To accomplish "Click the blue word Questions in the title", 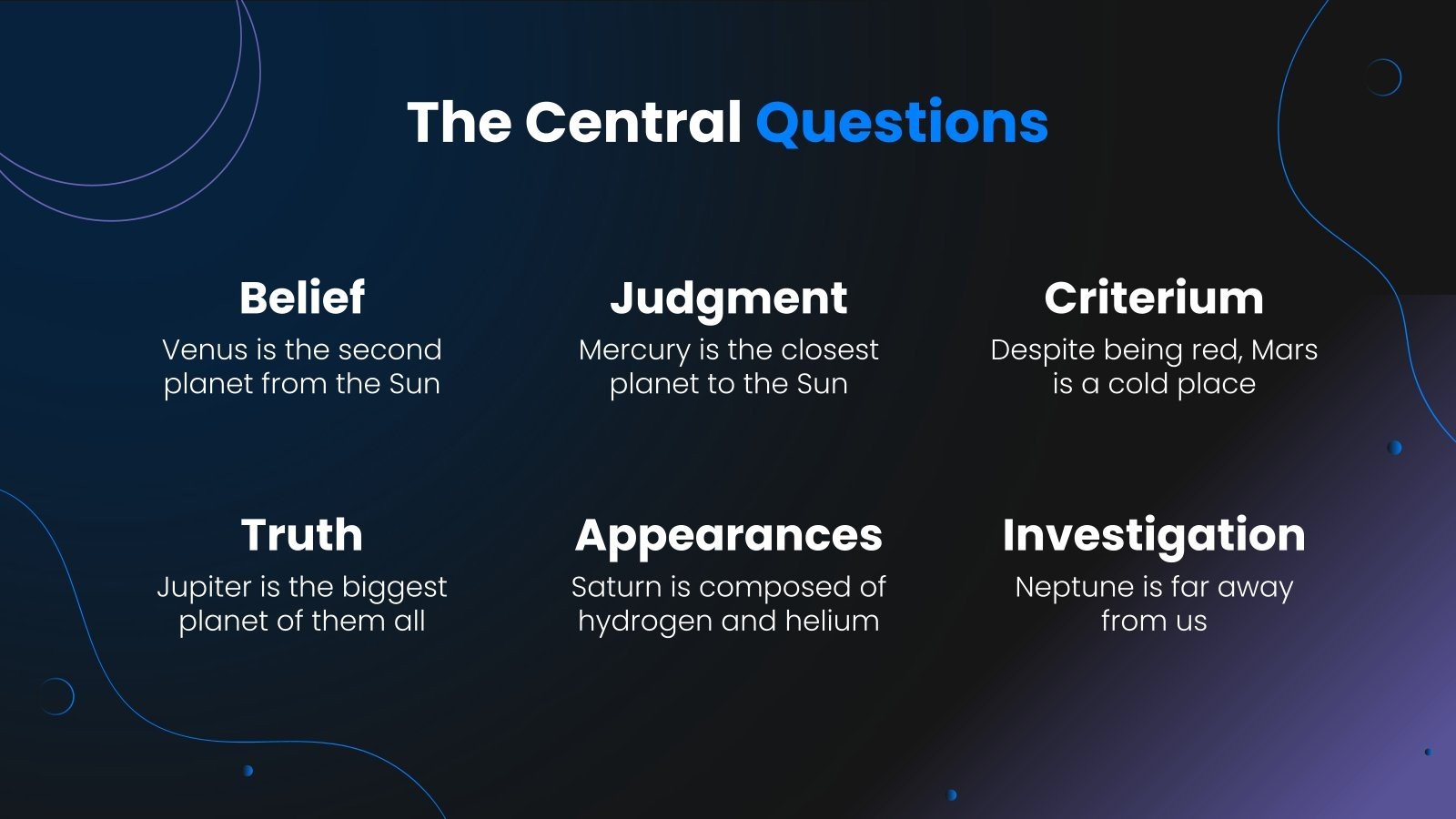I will (902, 123).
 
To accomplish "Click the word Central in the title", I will (633, 122).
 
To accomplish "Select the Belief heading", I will (302, 298).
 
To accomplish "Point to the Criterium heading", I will (1154, 298).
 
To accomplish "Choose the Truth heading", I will (302, 534).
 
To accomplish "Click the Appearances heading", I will (728, 536).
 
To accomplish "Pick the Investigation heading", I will (1154, 535).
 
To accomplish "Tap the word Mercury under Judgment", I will (634, 350).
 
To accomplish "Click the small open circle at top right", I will (1383, 77).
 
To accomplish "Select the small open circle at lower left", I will (56, 696).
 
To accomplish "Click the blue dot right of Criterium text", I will (1394, 448).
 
